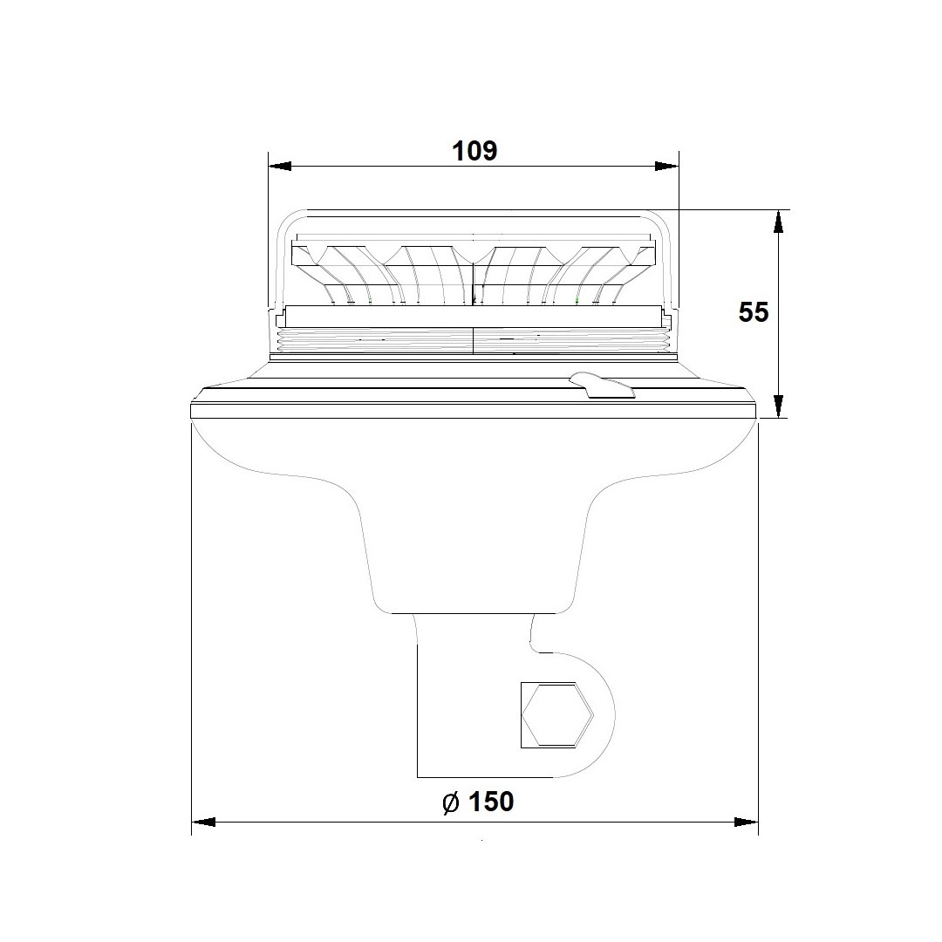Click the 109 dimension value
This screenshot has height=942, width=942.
click(474, 152)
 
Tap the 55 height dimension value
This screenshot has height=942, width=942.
click(754, 313)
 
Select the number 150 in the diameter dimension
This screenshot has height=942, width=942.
click(491, 802)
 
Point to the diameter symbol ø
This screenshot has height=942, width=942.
click(451, 802)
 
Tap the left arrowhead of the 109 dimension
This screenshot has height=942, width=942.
click(280, 166)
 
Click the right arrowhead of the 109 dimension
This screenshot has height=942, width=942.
click(666, 166)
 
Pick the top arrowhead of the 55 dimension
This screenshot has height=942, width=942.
click(778, 222)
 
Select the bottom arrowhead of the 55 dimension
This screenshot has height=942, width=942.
click(778, 406)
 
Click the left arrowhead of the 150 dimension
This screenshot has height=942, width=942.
click(203, 822)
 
